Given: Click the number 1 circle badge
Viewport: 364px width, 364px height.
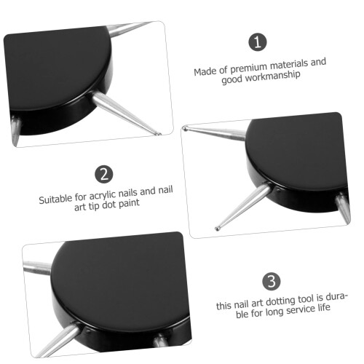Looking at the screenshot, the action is [258, 42].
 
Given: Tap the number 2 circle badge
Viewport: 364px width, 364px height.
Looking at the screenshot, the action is [104, 174].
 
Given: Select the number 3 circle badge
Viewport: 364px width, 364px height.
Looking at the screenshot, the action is [272, 281].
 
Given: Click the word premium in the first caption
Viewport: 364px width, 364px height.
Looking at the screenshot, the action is [249, 68].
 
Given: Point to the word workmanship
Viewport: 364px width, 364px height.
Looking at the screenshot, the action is [272, 77].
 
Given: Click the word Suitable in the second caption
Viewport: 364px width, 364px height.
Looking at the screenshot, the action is [55, 199].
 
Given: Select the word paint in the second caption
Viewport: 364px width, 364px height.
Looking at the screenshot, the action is [129, 203].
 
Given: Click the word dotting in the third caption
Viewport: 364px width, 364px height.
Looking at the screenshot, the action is [281, 301].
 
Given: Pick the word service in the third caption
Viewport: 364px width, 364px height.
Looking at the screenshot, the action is [300, 309].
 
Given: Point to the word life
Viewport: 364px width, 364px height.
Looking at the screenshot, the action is [324, 307].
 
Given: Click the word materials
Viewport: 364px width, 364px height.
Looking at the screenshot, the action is [289, 65].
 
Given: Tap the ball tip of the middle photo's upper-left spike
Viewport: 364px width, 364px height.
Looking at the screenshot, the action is [185, 129].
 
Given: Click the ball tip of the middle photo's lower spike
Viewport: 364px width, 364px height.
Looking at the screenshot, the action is [217, 229].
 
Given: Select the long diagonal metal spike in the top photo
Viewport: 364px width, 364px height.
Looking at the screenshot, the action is [126, 113].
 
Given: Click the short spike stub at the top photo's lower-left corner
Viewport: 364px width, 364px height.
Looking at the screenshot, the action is [15, 130].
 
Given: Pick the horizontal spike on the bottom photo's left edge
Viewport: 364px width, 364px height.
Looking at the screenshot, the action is [37, 268].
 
